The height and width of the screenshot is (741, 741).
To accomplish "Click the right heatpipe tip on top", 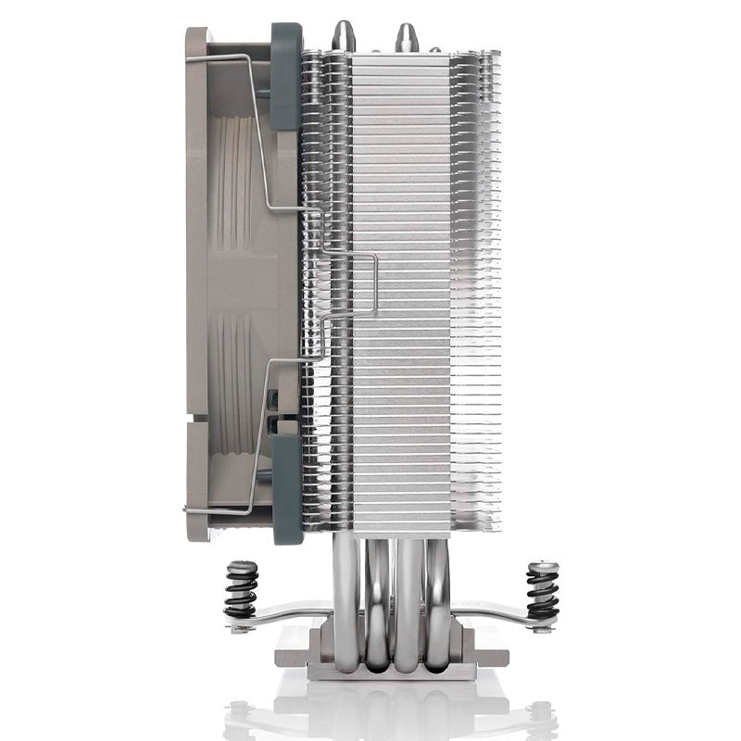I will [x=406, y=35].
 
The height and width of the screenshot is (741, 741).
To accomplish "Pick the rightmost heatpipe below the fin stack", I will [x=437, y=593].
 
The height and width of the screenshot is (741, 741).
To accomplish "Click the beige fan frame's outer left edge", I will [x=189, y=278].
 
